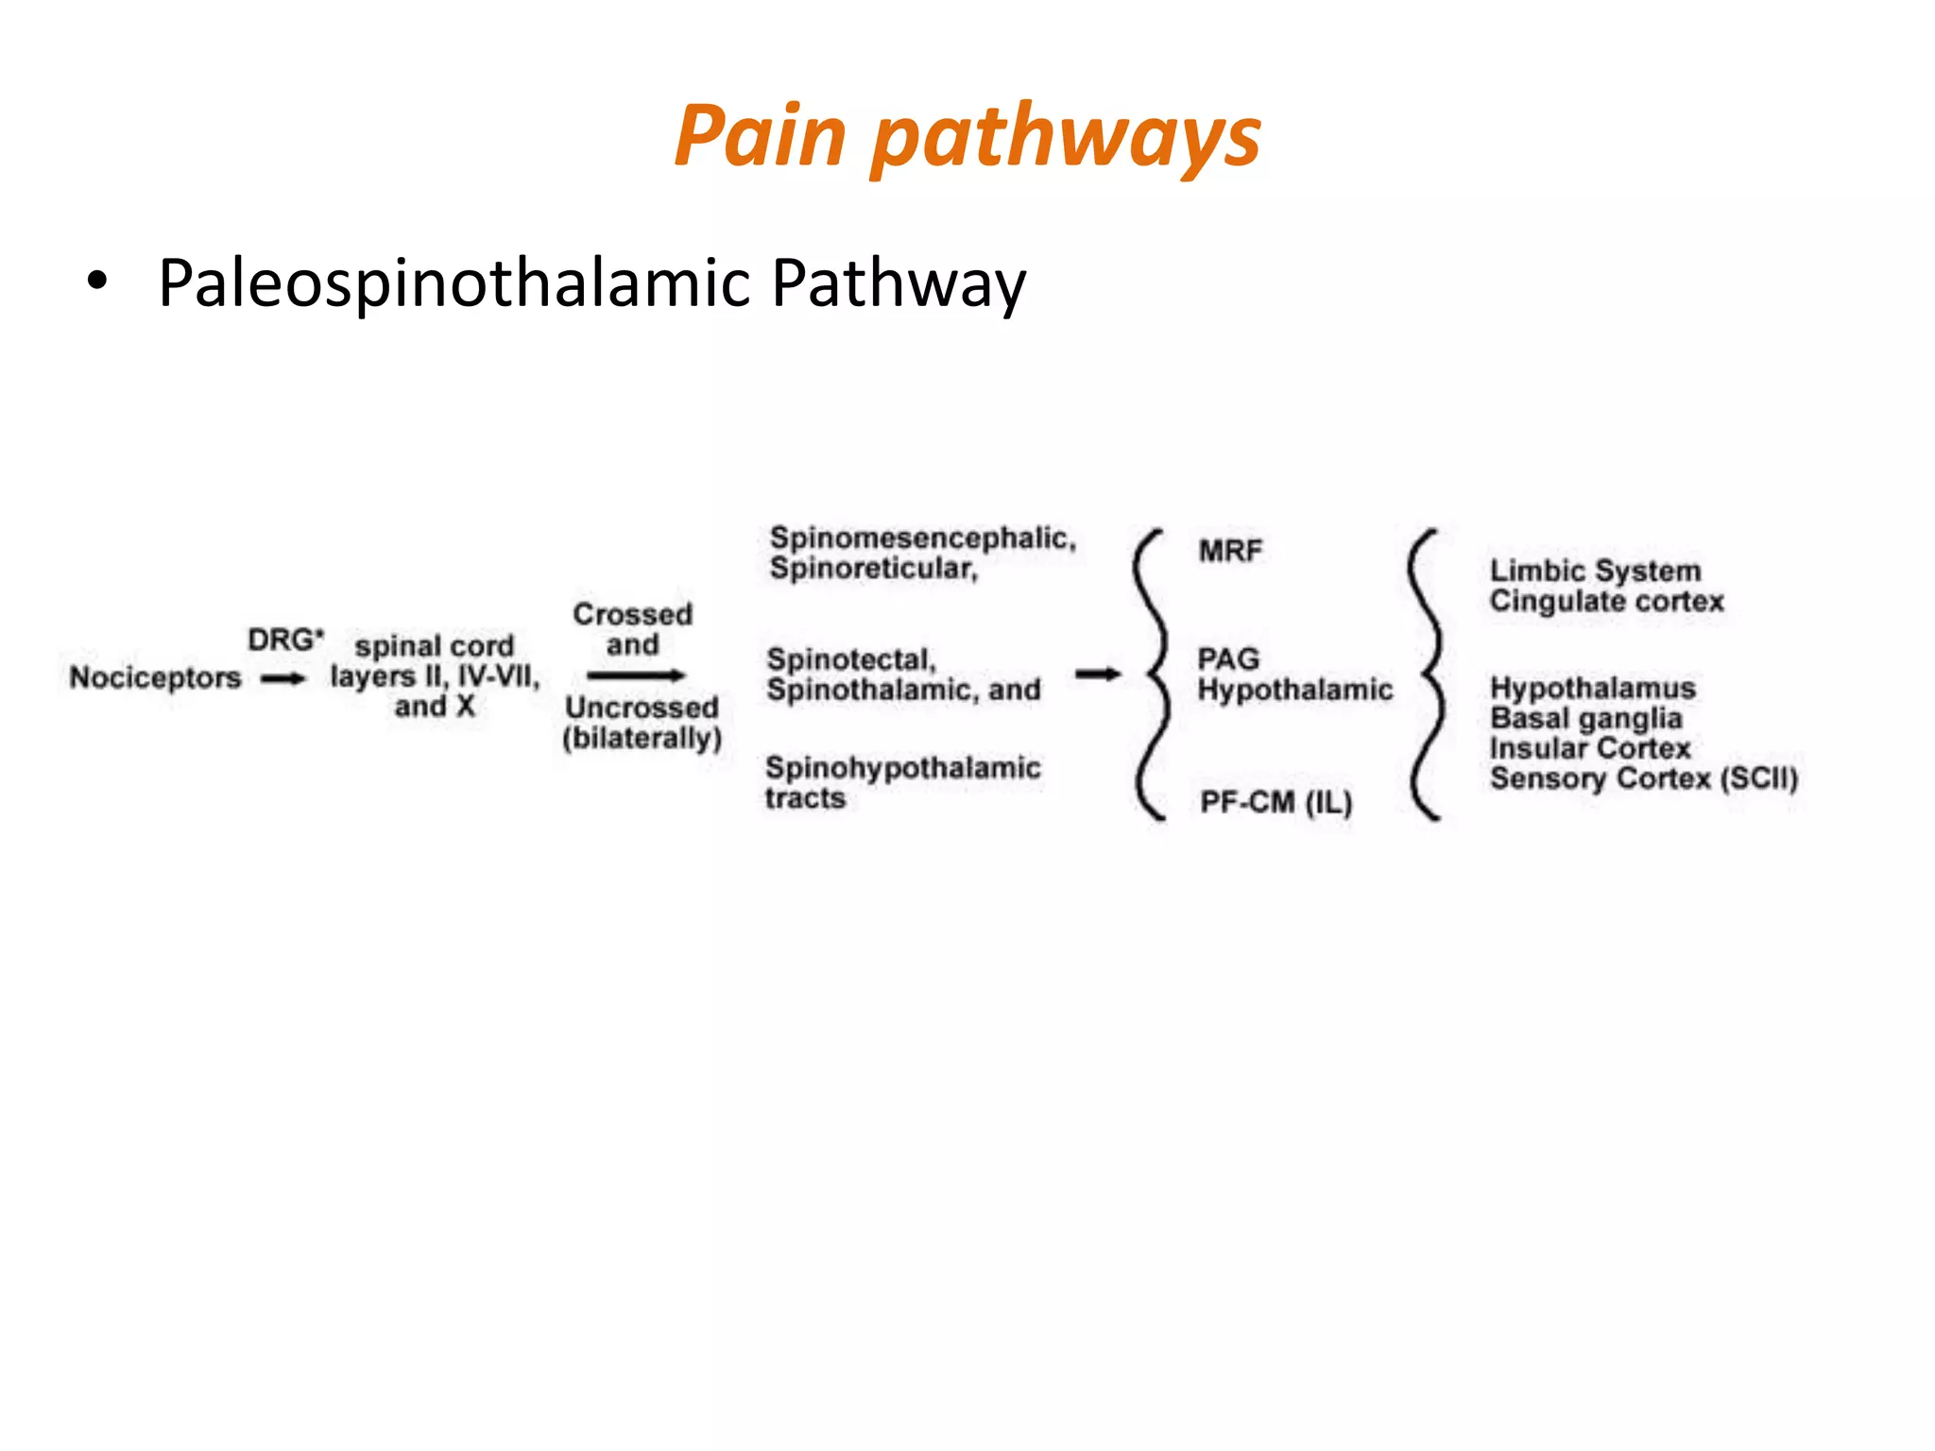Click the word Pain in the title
(760, 137)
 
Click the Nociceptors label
(155, 677)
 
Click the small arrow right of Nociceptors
(283, 678)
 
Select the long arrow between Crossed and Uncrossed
(635, 675)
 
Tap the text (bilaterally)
(642, 738)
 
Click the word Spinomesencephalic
(922, 538)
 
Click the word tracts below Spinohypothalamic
(805, 798)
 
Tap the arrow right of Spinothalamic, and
(1098, 674)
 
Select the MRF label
(1230, 551)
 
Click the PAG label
(1228, 658)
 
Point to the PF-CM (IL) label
(1276, 802)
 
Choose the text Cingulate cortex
(1606, 602)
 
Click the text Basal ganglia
(1585, 718)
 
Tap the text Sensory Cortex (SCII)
(1643, 778)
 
